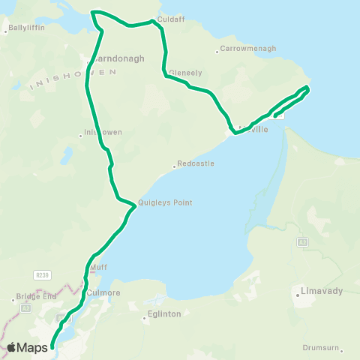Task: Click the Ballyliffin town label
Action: click(x=28, y=29)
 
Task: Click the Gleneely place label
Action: click(x=185, y=73)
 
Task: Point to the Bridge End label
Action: click(x=35, y=296)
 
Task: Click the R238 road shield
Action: click(x=42, y=275)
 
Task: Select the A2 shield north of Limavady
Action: click(x=302, y=241)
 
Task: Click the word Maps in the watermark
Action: click(x=33, y=347)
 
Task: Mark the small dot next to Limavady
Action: click(x=298, y=295)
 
